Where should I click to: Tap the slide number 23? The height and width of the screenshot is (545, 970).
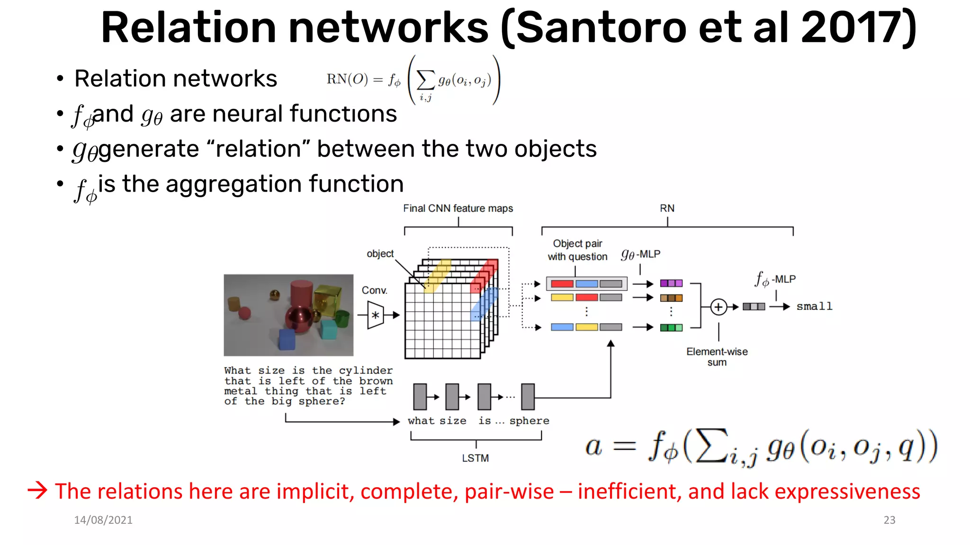(889, 520)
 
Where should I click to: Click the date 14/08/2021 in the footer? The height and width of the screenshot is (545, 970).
(103, 520)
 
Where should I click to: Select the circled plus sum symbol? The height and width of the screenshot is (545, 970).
(719, 307)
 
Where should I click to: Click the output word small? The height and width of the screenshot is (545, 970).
(814, 307)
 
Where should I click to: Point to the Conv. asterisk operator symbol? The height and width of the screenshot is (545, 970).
(376, 315)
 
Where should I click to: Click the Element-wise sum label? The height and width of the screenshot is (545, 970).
(717, 357)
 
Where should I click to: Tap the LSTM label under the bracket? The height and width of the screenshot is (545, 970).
(475, 458)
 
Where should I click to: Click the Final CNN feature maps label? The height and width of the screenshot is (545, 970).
(458, 208)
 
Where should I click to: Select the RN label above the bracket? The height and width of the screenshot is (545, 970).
(667, 208)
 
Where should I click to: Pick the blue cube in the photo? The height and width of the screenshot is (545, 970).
(287, 339)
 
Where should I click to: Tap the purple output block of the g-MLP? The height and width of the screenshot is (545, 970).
(671, 283)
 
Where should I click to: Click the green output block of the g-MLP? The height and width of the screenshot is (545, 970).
(671, 327)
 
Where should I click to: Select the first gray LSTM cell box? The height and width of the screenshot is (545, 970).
(420, 396)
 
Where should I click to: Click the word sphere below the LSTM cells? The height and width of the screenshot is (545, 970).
(529, 421)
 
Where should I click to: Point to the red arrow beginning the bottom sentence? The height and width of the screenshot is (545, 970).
(37, 490)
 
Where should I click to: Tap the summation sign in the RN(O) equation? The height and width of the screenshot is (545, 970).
(425, 80)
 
